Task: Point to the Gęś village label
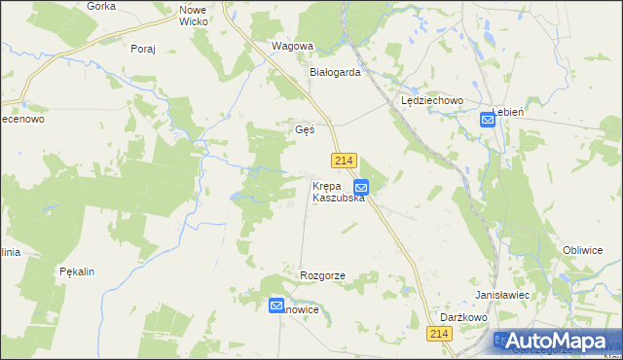304,129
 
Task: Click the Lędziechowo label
432,100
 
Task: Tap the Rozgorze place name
323,276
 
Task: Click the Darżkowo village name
463,317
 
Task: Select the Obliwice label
583,250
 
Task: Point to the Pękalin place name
76,271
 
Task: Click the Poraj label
142,48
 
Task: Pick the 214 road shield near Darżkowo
440,334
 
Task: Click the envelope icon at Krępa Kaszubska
361,187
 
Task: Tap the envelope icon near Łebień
488,120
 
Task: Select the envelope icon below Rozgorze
276,306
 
